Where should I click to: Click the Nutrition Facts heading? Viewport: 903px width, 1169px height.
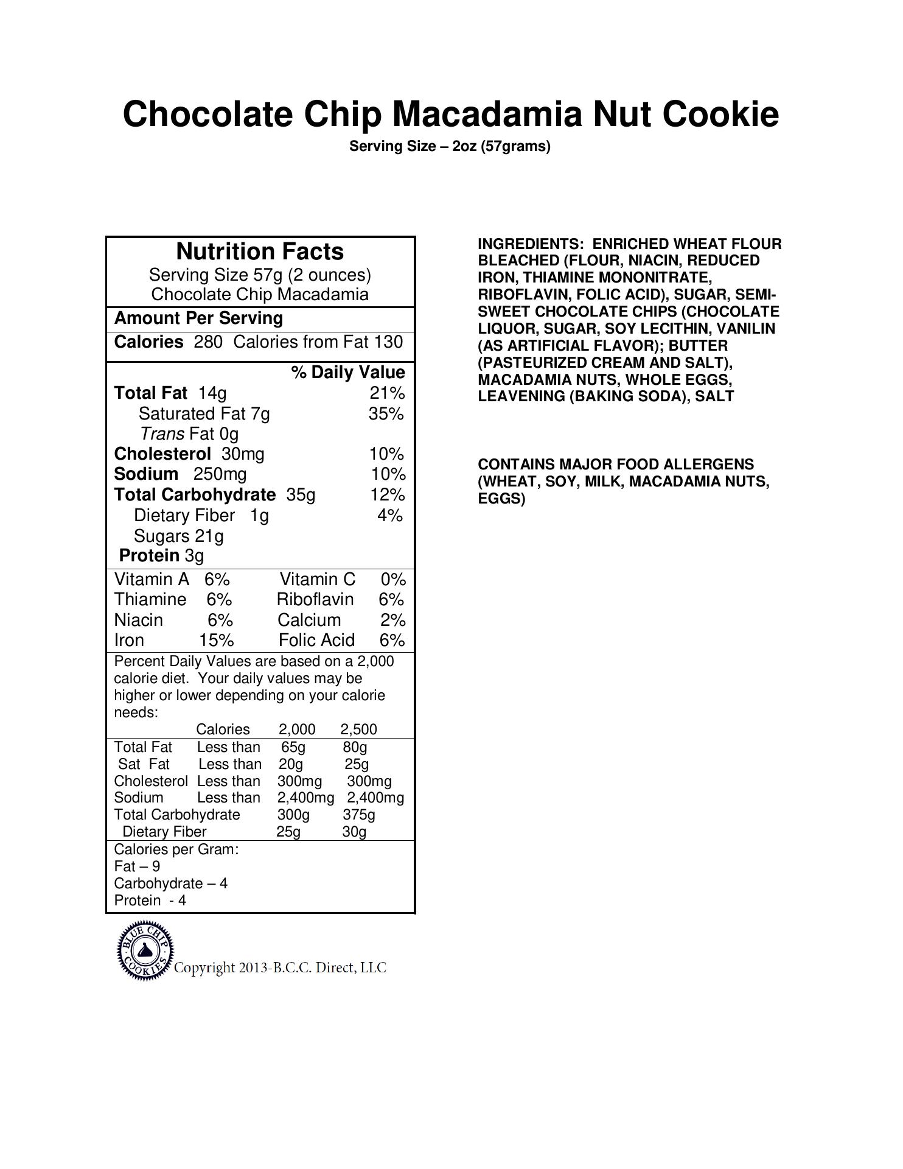pyautogui.click(x=260, y=251)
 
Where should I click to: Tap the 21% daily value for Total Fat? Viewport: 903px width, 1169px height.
pyautogui.click(x=387, y=393)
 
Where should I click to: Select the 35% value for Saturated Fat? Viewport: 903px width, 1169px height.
pyautogui.click(x=386, y=414)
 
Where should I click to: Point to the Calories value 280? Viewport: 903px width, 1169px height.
pyautogui.click(x=208, y=342)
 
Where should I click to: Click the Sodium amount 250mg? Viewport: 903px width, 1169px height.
pyautogui.click(x=220, y=474)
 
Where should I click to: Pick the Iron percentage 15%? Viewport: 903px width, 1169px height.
pyautogui.click(x=217, y=641)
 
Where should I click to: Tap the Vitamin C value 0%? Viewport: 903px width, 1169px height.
pyautogui.click(x=393, y=579)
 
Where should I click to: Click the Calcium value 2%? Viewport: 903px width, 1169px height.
pyautogui.click(x=392, y=620)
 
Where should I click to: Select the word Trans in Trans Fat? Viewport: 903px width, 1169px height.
pyautogui.click(x=162, y=434)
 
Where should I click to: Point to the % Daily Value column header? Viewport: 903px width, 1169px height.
pyautogui.click(x=348, y=373)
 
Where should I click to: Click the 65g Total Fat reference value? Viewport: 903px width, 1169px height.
pyautogui.click(x=293, y=747)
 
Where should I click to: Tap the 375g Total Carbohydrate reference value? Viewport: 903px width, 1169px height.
pyautogui.click(x=358, y=815)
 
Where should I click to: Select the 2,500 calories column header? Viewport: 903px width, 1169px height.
pyautogui.click(x=358, y=729)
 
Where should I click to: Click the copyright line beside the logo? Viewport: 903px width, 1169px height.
pyautogui.click(x=280, y=968)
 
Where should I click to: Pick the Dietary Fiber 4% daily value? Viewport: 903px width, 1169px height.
pyautogui.click(x=390, y=516)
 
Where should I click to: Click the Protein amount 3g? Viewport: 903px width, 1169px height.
pyautogui.click(x=194, y=556)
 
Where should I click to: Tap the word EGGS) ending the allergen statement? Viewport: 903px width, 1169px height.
pyautogui.click(x=501, y=499)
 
